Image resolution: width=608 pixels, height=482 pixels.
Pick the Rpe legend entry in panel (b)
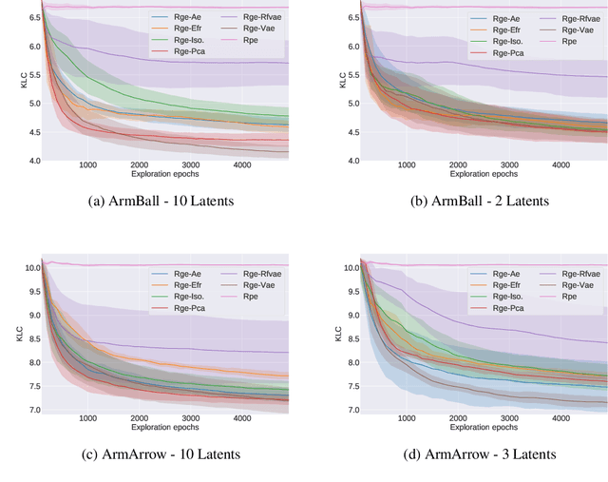560,42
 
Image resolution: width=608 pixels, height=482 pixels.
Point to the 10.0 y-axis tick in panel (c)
30,268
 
